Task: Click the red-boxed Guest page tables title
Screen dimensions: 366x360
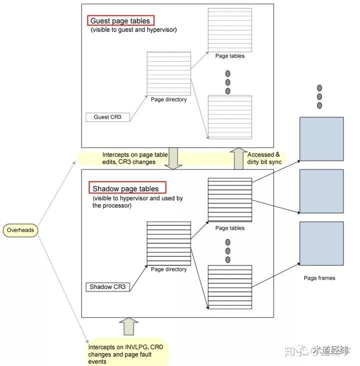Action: (121, 21)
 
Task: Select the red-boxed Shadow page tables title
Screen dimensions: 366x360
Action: (125, 189)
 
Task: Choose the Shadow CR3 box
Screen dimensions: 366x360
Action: (108, 287)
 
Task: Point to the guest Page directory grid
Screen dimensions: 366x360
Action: (168, 73)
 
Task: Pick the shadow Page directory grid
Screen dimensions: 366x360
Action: (168, 243)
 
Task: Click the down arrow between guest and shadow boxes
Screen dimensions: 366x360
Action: (174, 158)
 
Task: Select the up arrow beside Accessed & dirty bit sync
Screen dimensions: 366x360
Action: (237, 158)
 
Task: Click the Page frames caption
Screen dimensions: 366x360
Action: (319, 278)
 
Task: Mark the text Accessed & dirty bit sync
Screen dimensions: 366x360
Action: (265, 158)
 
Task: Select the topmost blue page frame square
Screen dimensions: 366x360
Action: (321, 139)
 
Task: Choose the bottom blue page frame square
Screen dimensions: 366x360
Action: (321, 243)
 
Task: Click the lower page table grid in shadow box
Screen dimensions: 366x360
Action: (229, 285)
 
